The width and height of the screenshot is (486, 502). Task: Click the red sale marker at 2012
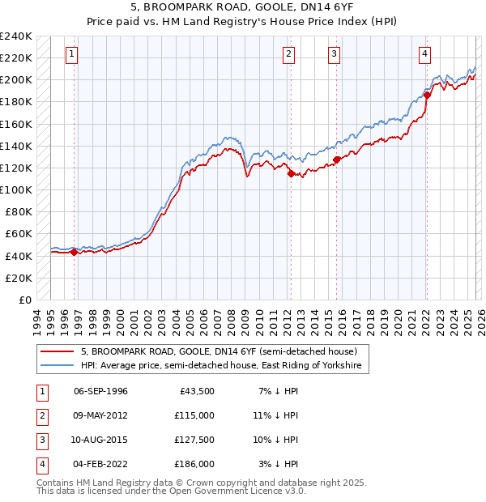pyautogui.click(x=291, y=172)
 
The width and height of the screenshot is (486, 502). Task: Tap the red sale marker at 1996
pyautogui.click(x=75, y=252)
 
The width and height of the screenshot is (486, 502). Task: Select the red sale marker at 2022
pyautogui.click(x=427, y=96)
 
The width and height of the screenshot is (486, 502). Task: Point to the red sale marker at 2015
pyautogui.click(x=336, y=160)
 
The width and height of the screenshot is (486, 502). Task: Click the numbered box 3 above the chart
pyautogui.click(x=334, y=54)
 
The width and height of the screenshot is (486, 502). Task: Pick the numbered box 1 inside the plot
pyautogui.click(x=72, y=54)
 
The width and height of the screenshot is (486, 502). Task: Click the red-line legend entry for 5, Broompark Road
pyautogui.click(x=224, y=352)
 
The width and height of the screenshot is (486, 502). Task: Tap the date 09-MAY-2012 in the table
pyautogui.click(x=100, y=415)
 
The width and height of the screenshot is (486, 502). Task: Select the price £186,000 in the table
pyautogui.click(x=194, y=464)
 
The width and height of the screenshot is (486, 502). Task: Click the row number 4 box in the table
pyautogui.click(x=40, y=464)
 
